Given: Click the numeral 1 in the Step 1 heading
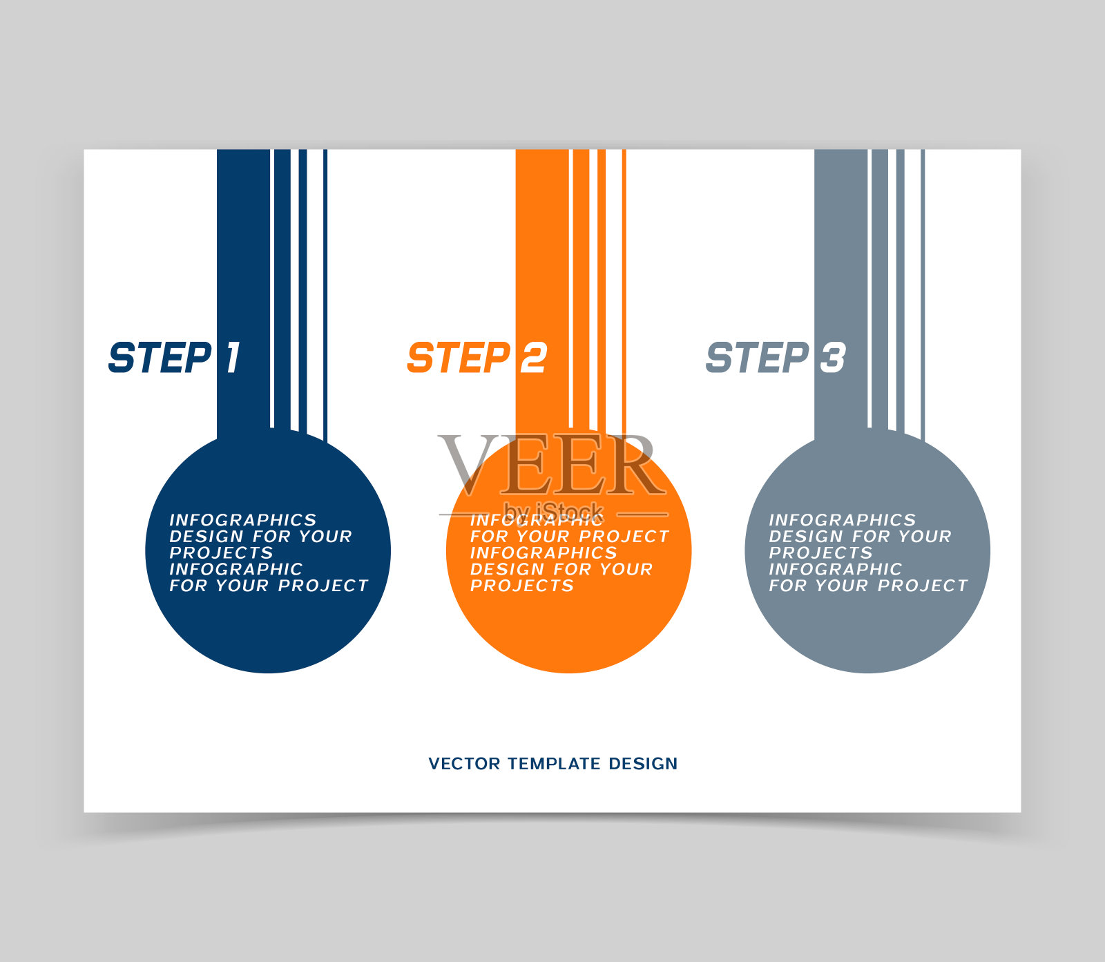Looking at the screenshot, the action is click(x=233, y=358).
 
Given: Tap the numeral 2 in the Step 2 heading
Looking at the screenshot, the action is click(x=533, y=358).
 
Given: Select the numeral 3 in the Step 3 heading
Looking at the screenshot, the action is click(x=833, y=358).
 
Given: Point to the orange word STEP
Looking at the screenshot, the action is click(x=459, y=358).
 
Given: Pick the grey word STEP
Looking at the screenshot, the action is click(x=758, y=358).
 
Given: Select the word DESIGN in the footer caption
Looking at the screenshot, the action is click(x=643, y=764).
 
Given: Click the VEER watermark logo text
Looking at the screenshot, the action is click(x=552, y=465).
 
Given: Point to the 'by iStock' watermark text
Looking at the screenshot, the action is click(x=553, y=512).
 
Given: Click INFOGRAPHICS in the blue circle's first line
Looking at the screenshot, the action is click(x=242, y=520).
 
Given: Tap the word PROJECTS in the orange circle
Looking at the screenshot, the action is click(x=521, y=586).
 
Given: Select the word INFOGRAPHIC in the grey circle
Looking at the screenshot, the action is click(x=835, y=569).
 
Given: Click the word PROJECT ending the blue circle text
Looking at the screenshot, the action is click(x=323, y=586).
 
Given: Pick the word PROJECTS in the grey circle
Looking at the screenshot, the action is click(x=820, y=552).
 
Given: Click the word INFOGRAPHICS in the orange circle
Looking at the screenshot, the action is click(x=544, y=552).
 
